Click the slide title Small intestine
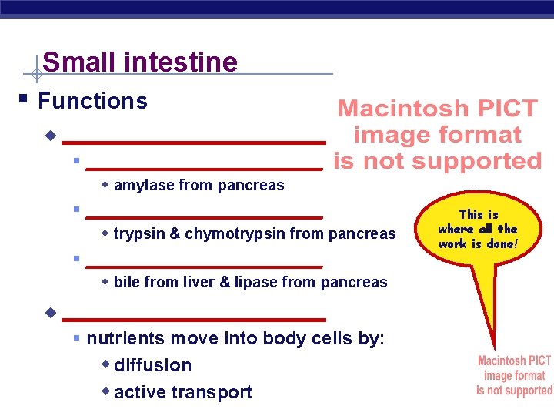140,62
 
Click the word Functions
92,101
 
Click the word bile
126,283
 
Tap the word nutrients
123,339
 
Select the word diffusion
152,365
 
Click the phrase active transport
182,392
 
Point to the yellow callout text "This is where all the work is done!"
477,229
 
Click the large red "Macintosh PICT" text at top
438,109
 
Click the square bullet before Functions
25,101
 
